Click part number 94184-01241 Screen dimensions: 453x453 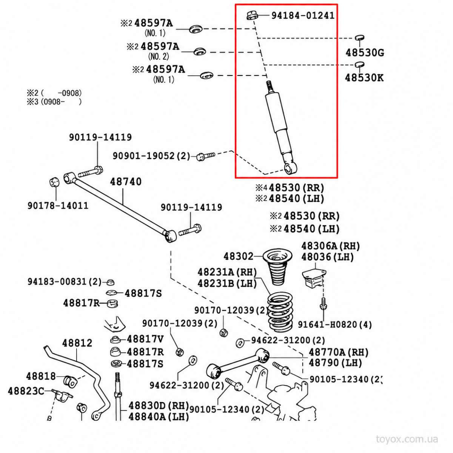tap(303, 15)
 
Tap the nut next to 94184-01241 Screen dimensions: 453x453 tap(252, 15)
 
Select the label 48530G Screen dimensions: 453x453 tap(365, 52)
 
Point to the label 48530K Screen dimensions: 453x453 tap(364, 78)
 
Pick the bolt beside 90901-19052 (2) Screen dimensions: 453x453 tap(206, 156)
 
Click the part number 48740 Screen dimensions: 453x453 tap(126, 182)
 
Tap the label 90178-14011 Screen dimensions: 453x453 tap(58, 206)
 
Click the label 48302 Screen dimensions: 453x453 tap(238, 256)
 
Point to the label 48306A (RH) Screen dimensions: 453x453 tap(331, 246)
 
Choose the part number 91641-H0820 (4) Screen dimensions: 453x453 tap(335, 325)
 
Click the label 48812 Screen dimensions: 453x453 tap(77, 343)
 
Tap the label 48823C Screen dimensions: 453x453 tap(26, 391)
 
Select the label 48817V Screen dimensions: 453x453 tap(145, 339)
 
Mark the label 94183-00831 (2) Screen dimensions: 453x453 tap(65, 281)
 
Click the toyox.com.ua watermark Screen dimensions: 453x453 tap(407, 439)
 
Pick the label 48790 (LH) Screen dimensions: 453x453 tap(335, 363)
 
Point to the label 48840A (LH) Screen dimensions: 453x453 tap(159, 417)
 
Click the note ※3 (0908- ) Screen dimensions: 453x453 tap(54, 102)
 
